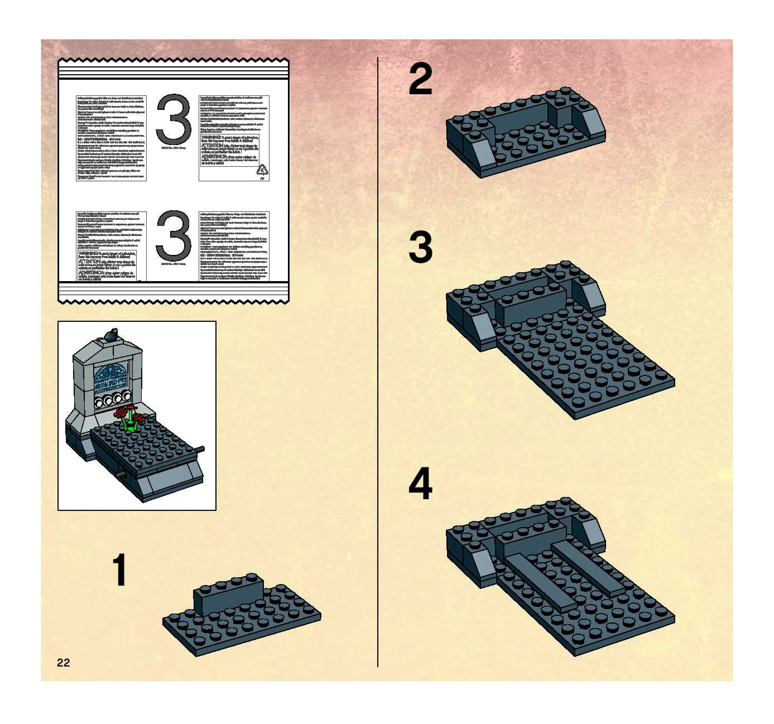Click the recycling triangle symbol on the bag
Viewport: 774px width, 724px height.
tap(262, 170)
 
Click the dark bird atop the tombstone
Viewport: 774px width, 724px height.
tap(112, 334)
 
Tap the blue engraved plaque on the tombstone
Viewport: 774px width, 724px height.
tap(111, 374)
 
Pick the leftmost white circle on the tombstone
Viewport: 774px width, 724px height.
tap(100, 402)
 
